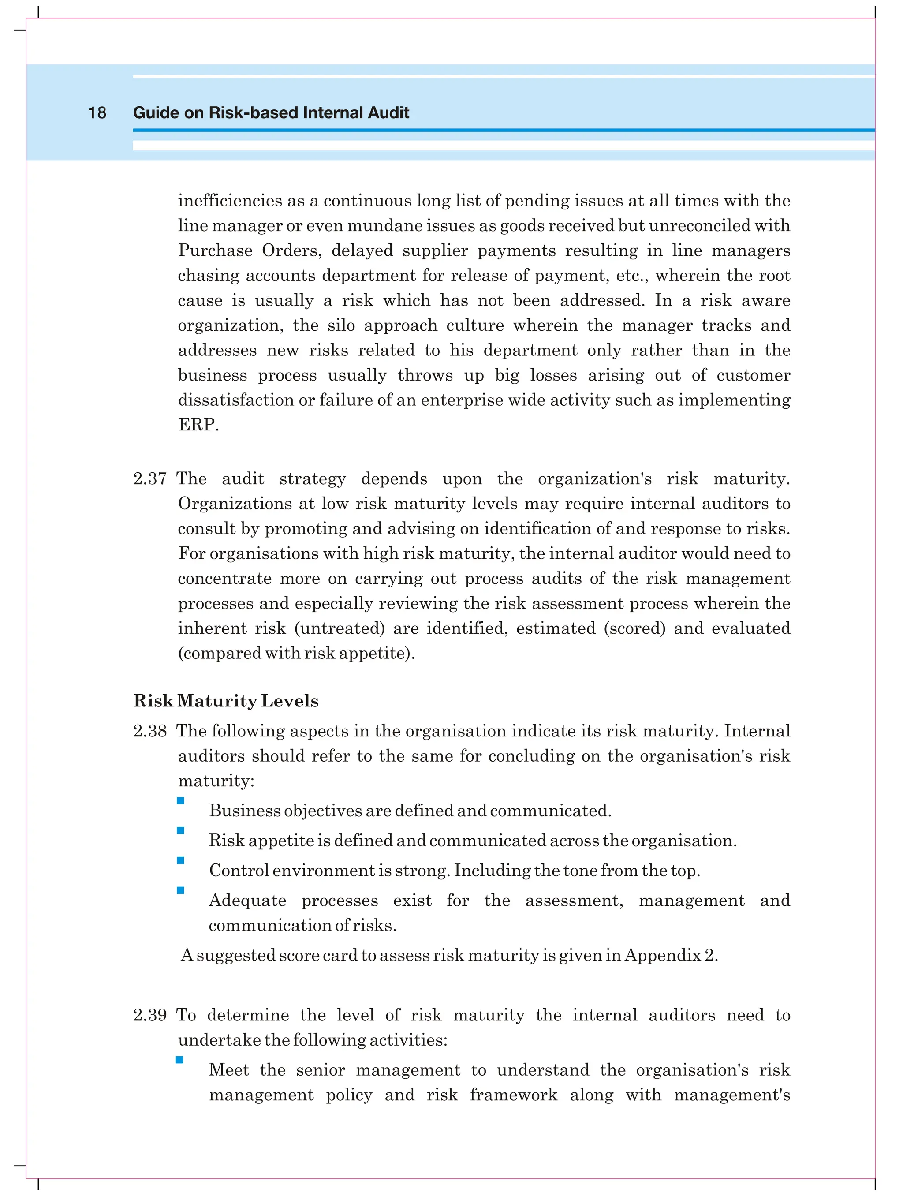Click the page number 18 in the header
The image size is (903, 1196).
click(97, 112)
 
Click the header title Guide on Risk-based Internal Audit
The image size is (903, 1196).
click(271, 112)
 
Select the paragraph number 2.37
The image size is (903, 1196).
click(150, 479)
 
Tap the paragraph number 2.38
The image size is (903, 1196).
click(150, 731)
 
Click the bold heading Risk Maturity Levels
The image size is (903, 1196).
click(226, 701)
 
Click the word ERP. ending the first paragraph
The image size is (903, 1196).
click(198, 425)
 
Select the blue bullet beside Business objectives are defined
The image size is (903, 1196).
click(181, 801)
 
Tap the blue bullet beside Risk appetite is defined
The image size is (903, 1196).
click(181, 830)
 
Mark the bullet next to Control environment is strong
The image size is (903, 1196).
click(181, 860)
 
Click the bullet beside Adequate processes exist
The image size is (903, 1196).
click(181, 890)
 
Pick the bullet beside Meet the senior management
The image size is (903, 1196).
click(179, 1060)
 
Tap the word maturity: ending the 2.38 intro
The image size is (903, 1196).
click(216, 781)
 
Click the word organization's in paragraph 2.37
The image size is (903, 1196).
click(595, 479)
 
